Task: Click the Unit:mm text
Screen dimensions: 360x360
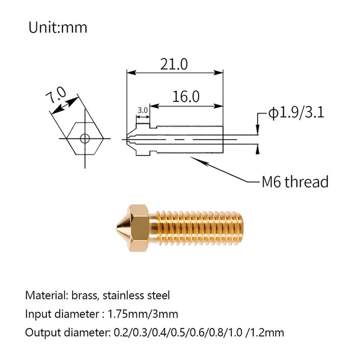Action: click(58, 28)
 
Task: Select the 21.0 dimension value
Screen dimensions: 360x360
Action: click(174, 64)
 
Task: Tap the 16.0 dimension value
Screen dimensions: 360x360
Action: click(185, 96)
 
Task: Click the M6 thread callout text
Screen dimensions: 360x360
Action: click(295, 182)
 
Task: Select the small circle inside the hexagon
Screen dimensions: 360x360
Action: click(84, 138)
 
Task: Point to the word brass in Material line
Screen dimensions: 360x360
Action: click(85, 296)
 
